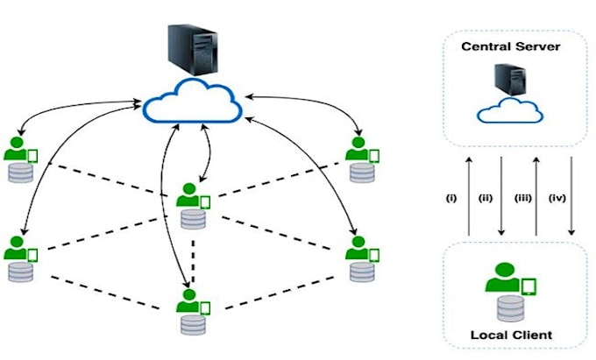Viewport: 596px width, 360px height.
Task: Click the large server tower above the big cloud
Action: [190, 49]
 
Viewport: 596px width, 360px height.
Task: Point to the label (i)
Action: [451, 198]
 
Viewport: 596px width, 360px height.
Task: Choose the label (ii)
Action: [485, 198]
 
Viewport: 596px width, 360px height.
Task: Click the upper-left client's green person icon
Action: [15, 150]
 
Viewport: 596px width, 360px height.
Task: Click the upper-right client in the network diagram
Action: [359, 158]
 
